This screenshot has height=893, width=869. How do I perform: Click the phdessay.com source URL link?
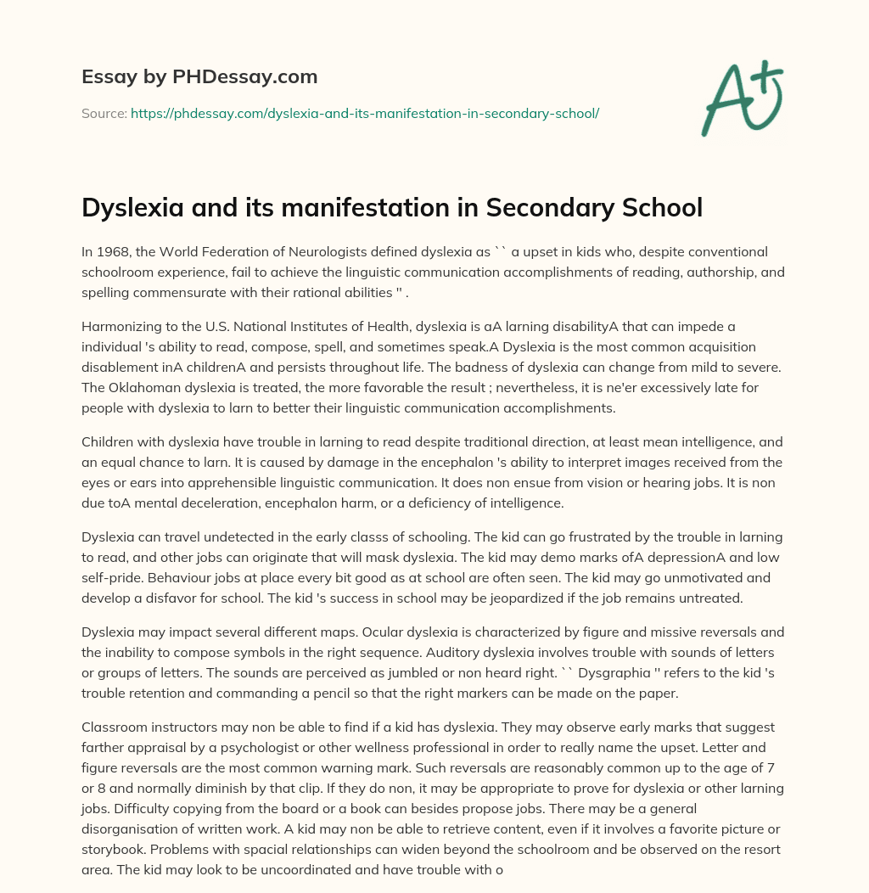tap(365, 113)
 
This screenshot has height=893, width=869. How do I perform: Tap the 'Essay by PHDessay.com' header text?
tap(199, 77)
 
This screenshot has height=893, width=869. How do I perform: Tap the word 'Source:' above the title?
tap(104, 113)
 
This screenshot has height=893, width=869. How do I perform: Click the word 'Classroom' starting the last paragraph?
tap(115, 728)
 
